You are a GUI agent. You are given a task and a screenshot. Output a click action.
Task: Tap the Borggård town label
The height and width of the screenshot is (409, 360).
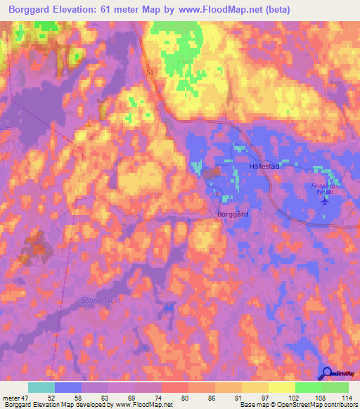233,213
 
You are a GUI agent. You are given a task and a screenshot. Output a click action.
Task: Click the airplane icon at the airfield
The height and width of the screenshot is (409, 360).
323,200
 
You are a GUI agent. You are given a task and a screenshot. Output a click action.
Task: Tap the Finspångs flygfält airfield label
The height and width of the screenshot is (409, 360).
326,187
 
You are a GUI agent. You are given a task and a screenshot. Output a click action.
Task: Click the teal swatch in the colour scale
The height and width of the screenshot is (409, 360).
41,387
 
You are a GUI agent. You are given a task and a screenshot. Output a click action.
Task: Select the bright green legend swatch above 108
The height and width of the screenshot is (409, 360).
309,387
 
